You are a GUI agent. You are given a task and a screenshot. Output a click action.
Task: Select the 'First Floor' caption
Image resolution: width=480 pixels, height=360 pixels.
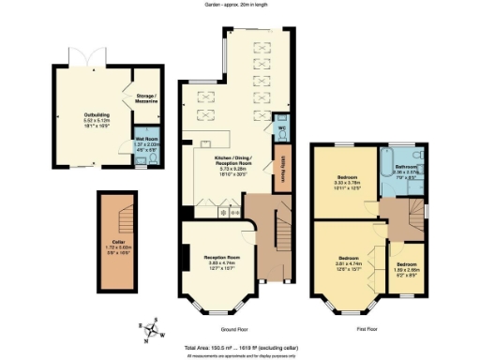pyautogui.click(x=367, y=329)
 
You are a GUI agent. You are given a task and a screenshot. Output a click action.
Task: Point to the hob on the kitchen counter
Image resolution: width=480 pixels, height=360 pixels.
pyautogui.click(x=224, y=212)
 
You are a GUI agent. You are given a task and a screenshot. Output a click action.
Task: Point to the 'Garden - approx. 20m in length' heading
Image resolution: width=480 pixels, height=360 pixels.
pyautogui.click(x=240, y=5)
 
